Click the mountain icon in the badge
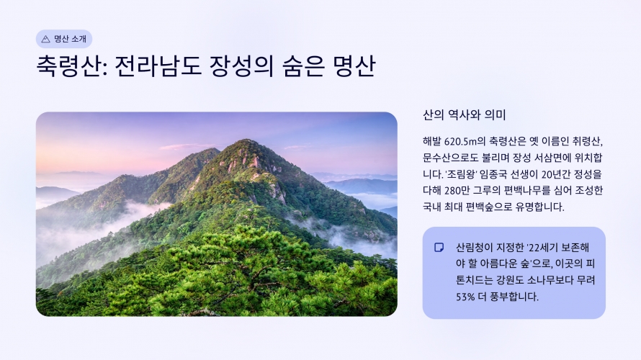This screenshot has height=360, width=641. [46, 39]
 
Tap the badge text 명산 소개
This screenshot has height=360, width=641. [71, 39]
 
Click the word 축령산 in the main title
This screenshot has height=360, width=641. [68, 66]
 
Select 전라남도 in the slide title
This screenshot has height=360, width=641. [158, 66]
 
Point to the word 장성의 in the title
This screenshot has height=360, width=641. [241, 66]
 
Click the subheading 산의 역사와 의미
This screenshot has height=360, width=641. [465, 114]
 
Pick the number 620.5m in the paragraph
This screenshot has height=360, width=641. [461, 141]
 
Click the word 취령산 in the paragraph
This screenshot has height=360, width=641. [587, 141]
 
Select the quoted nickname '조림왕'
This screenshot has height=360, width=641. [460, 174]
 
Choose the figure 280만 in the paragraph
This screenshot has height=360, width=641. [457, 190]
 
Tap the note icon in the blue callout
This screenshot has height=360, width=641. [439, 247]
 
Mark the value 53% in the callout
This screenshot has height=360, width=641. [465, 297]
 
